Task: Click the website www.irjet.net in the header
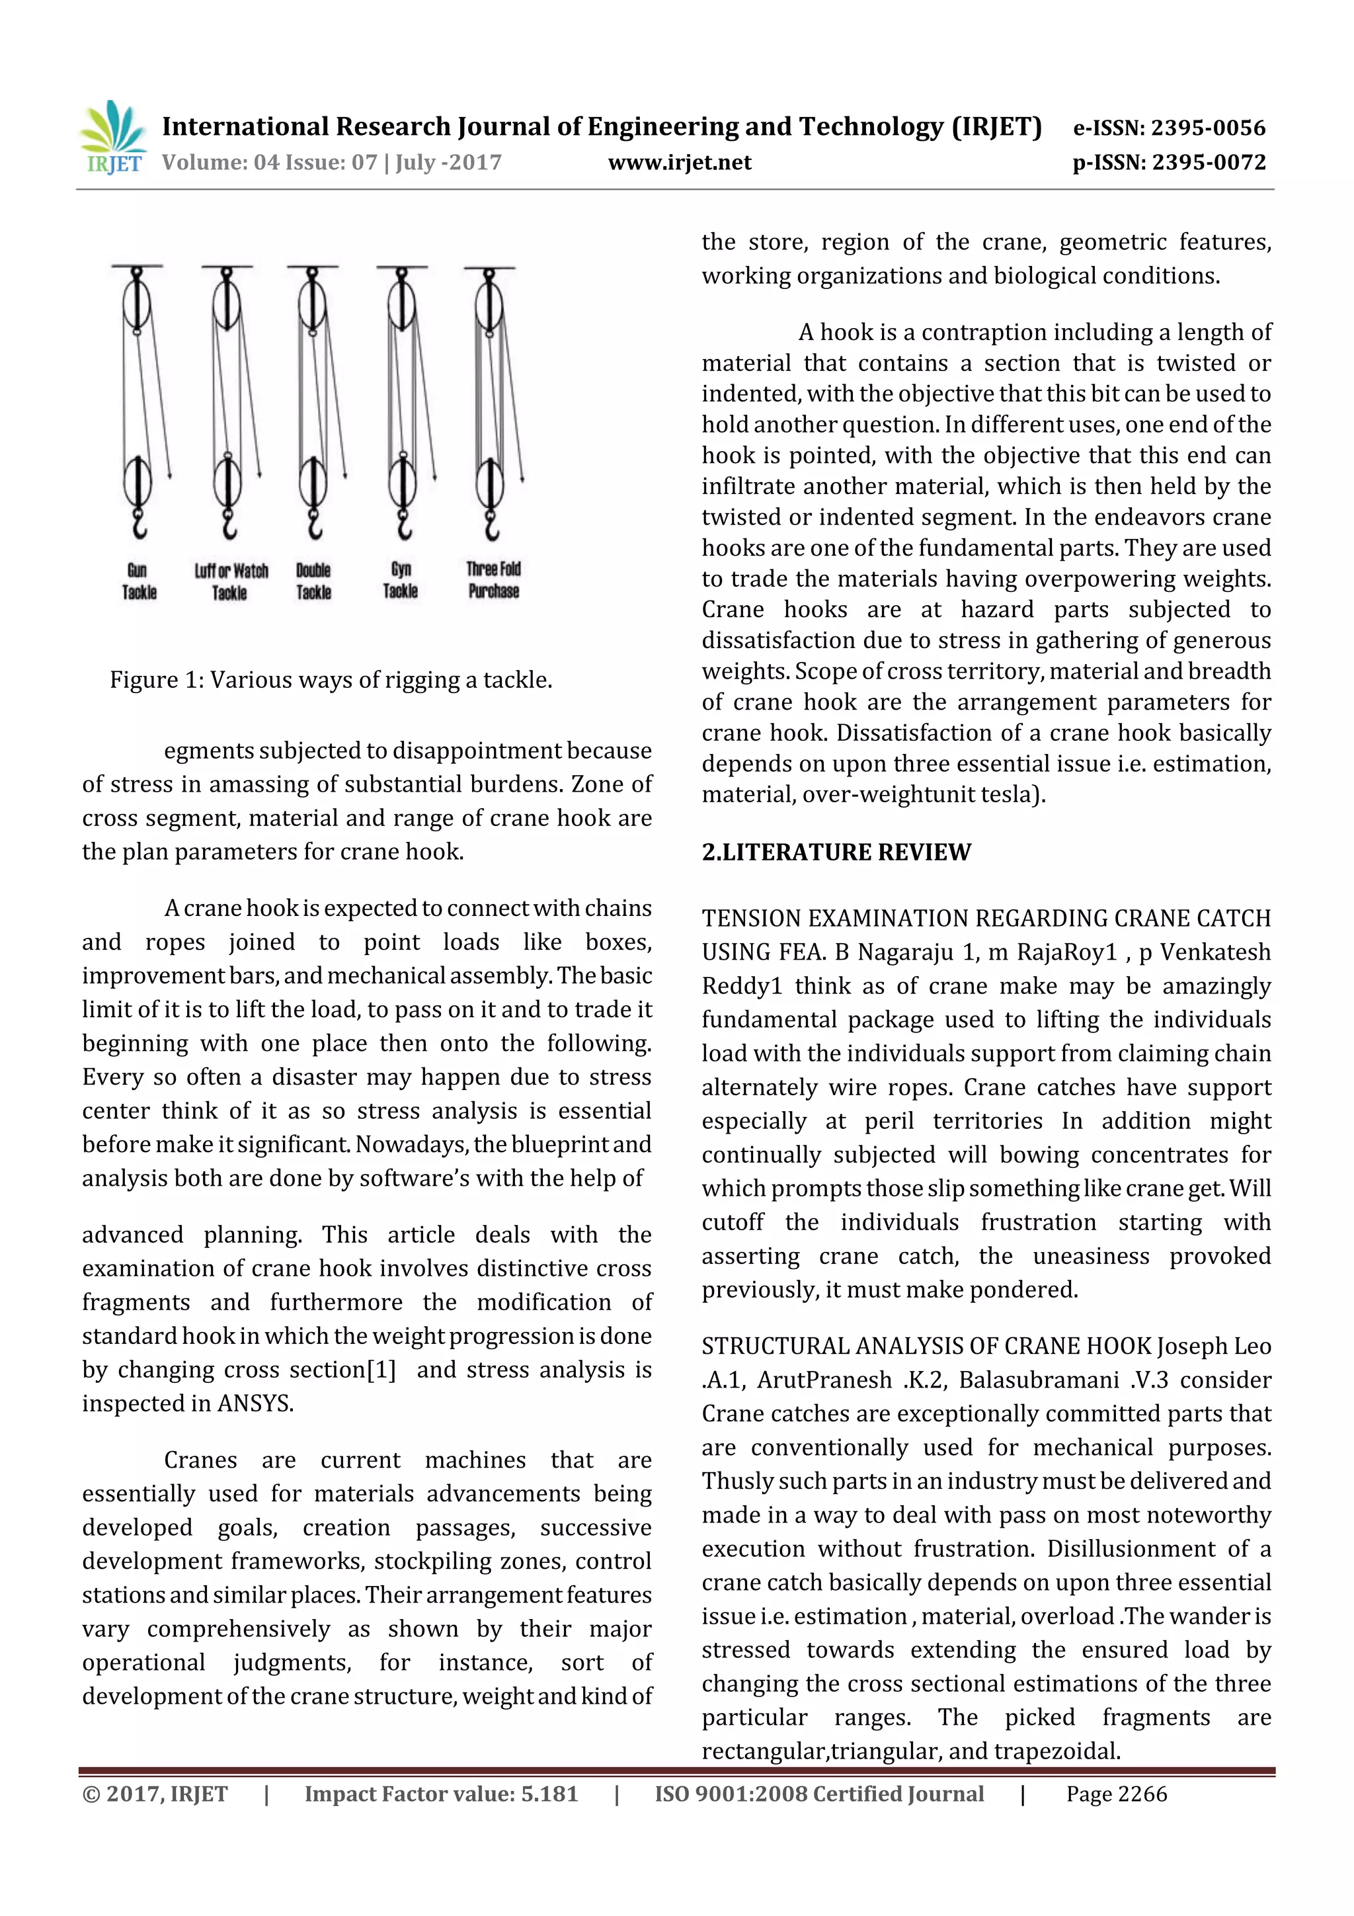pos(679,163)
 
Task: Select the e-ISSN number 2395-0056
pos(1208,128)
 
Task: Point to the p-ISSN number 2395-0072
pos(1208,163)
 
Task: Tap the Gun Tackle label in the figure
pos(138,581)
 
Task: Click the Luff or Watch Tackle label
pos(231,581)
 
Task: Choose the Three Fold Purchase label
pos(493,580)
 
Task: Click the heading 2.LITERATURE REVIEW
pos(836,852)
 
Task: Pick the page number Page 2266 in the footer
pos(1116,1794)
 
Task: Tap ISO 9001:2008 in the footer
pos(731,1794)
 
